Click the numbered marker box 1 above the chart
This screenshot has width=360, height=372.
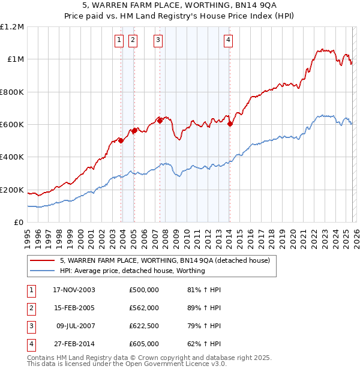119,41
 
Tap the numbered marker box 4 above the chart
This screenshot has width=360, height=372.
229,41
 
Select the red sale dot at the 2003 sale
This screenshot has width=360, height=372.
121,141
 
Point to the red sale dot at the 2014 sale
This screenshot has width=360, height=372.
230,124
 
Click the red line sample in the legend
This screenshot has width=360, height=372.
42,260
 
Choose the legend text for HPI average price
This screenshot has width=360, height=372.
132,271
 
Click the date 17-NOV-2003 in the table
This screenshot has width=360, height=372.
74,290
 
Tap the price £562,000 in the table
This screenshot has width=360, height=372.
143,308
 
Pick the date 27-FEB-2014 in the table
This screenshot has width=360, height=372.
74,344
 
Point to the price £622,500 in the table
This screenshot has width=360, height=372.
143,326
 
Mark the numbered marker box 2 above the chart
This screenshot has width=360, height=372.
132,41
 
